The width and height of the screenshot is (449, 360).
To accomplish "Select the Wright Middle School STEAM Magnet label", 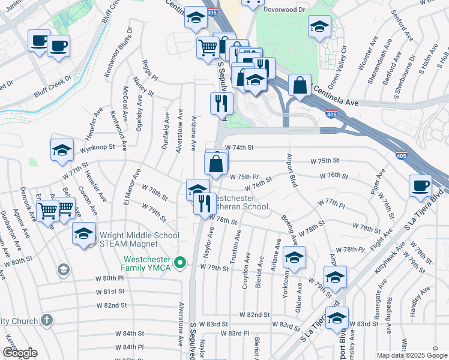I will coord(137,236).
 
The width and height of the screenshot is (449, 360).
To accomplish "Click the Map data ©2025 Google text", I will coord(411,355).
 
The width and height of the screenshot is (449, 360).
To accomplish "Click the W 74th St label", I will coord(240,147).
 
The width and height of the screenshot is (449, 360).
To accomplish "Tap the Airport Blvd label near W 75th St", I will coord(292,171).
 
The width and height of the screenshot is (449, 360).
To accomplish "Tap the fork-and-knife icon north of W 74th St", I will coord(221,103).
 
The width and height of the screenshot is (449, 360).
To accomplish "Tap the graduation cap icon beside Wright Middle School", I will coord(83,233).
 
